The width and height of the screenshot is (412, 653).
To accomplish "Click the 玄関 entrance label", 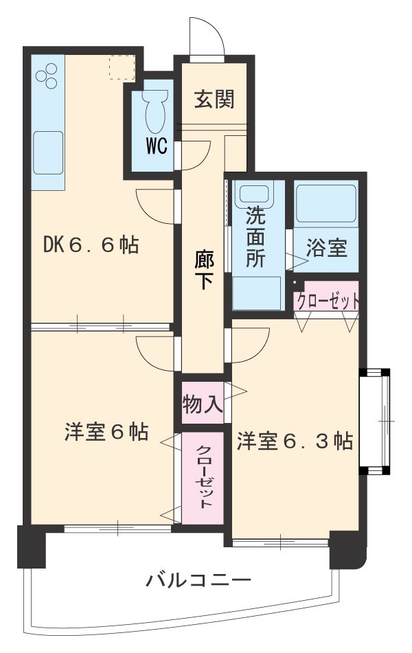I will pyautogui.click(x=214, y=100).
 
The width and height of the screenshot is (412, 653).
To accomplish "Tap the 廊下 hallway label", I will pyautogui.click(x=203, y=269).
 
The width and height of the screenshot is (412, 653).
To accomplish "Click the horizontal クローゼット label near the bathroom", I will pyautogui.click(x=327, y=300).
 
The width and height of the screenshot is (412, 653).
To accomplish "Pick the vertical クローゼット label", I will pyautogui.click(x=203, y=477).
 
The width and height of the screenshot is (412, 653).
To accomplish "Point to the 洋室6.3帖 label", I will pyautogui.click(x=295, y=440).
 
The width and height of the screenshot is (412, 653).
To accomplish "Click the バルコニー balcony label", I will pyautogui.click(x=198, y=581).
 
